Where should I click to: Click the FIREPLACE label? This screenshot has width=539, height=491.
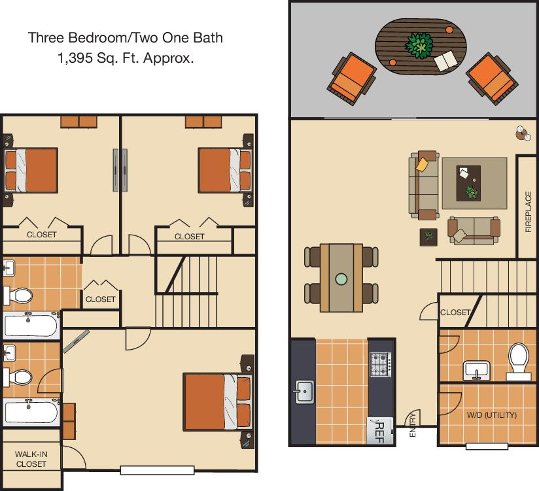pyautogui.click(x=529, y=212)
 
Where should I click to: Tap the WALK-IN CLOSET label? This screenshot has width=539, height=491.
pyautogui.click(x=31, y=459)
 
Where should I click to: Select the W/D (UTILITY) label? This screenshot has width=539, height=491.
pyautogui.click(x=491, y=415)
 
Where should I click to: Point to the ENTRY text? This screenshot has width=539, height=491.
pyautogui.click(x=413, y=425)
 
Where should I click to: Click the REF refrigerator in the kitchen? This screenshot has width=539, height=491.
pyautogui.click(x=380, y=431)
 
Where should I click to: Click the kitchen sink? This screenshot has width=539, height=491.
pyautogui.click(x=304, y=392)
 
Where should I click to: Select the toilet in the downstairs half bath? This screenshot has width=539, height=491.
pyautogui.click(x=518, y=362)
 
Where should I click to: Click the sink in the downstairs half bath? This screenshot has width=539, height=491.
pyautogui.click(x=476, y=371)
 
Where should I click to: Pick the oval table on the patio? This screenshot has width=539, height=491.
pyautogui.click(x=421, y=47)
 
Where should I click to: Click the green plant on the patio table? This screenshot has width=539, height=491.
pyautogui.click(x=419, y=46)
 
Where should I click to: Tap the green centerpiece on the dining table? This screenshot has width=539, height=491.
pyautogui.click(x=341, y=279)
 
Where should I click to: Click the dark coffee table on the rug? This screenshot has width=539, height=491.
pyautogui.click(x=468, y=184)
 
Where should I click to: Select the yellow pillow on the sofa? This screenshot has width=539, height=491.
pyautogui.click(x=422, y=164)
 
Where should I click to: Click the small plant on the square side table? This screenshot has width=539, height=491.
pyautogui.click(x=428, y=236)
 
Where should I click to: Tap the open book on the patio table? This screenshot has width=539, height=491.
pyautogui.click(x=446, y=60)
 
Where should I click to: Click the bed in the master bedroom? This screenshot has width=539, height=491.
pyautogui.click(x=218, y=401)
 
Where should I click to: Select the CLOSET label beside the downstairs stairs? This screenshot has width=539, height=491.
pyautogui.click(x=455, y=313)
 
